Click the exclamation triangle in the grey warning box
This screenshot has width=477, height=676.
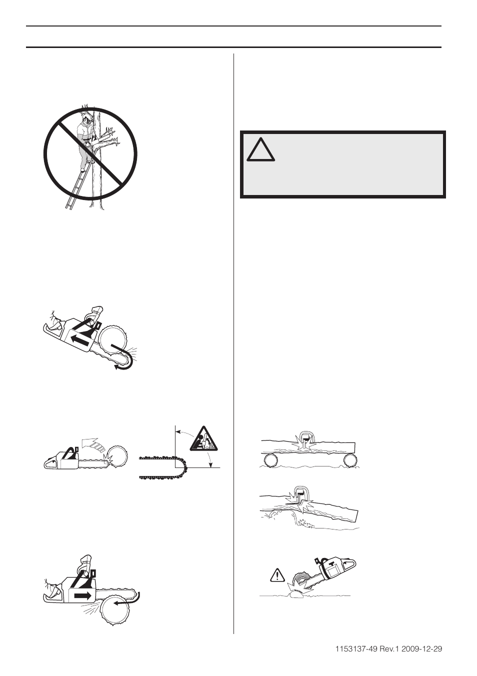260,148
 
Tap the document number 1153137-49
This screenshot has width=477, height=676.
360,649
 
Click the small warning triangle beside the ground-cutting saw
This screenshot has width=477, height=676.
276,576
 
